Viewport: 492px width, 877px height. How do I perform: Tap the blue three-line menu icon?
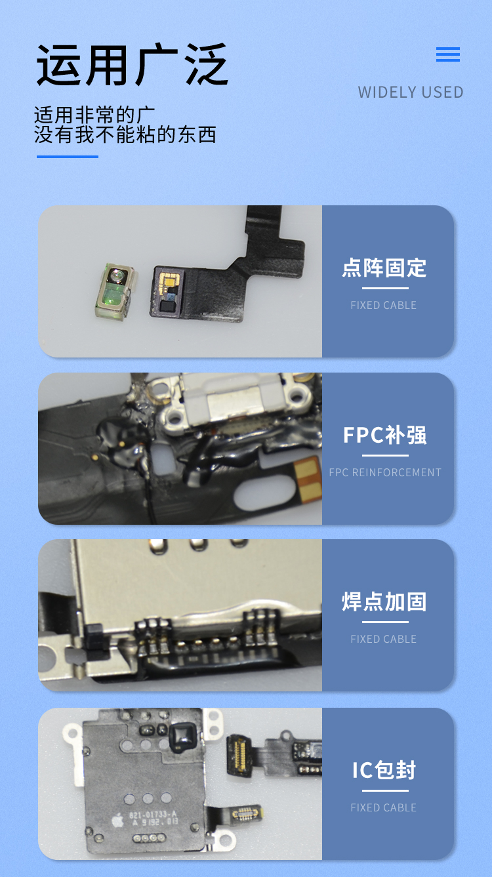(x=448, y=54)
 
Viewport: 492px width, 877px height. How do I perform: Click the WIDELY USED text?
(x=411, y=92)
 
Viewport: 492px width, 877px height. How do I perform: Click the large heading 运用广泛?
(x=133, y=64)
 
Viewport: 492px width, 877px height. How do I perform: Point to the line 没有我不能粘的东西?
(x=125, y=134)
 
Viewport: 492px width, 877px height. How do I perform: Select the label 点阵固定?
(x=384, y=268)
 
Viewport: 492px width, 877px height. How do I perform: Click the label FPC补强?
(x=385, y=435)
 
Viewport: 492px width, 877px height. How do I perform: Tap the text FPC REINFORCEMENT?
(x=385, y=472)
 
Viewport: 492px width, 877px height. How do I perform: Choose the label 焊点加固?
(x=384, y=602)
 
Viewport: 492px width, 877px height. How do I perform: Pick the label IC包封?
(x=384, y=770)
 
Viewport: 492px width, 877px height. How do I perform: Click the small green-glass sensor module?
(x=115, y=290)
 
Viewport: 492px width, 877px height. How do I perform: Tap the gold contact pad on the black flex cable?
(x=171, y=280)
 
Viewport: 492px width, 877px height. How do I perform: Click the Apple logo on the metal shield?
(x=117, y=820)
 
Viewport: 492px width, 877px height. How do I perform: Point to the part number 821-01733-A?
(x=153, y=815)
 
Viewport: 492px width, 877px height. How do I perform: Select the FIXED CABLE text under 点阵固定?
(x=384, y=306)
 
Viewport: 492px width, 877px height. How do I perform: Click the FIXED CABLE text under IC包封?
(x=384, y=807)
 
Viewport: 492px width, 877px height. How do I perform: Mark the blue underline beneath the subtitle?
(x=68, y=157)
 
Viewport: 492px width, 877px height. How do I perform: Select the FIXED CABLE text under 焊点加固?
(x=384, y=639)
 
